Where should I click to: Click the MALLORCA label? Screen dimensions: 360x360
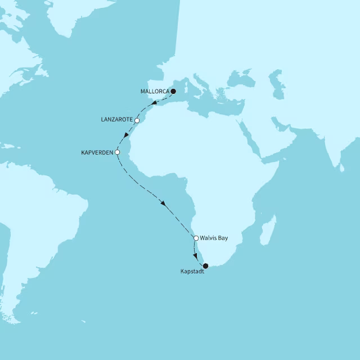[x=154, y=91]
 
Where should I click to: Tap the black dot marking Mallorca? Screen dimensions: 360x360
[x=173, y=91]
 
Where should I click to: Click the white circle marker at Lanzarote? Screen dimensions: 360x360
[x=137, y=120]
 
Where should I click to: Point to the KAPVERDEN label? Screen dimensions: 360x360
[x=97, y=152]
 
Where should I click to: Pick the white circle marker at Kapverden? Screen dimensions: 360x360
[x=117, y=152]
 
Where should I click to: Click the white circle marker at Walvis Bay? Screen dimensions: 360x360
[x=196, y=238]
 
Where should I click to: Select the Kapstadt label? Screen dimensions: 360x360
[x=192, y=272]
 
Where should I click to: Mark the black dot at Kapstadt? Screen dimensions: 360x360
[x=205, y=265]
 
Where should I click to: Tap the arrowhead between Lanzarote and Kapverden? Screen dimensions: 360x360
[x=126, y=136]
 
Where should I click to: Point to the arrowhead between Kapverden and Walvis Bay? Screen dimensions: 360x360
[x=163, y=203]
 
